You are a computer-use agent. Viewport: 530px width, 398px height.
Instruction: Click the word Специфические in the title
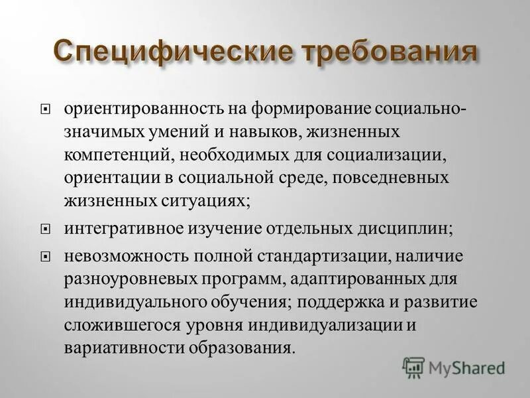point(158,52)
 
